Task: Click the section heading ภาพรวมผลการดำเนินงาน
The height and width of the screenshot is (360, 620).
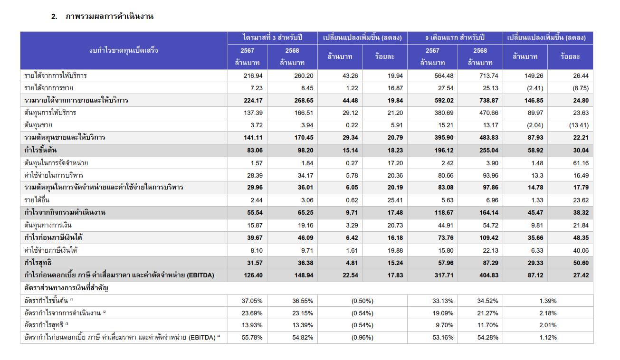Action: tap(109, 17)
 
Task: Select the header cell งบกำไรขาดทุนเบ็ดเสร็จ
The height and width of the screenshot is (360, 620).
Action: tap(124, 50)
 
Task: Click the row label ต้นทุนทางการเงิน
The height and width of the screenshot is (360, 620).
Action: tap(48, 225)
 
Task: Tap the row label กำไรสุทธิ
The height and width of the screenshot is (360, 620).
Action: tap(38, 263)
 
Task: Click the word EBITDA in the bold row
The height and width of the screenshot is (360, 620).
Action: tap(200, 275)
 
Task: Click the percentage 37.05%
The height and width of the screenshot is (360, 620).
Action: tap(252, 301)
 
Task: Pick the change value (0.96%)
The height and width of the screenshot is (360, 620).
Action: tap(362, 338)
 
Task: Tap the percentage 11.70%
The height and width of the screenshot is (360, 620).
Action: tap(477, 325)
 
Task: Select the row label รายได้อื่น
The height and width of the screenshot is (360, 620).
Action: tap(37, 200)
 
